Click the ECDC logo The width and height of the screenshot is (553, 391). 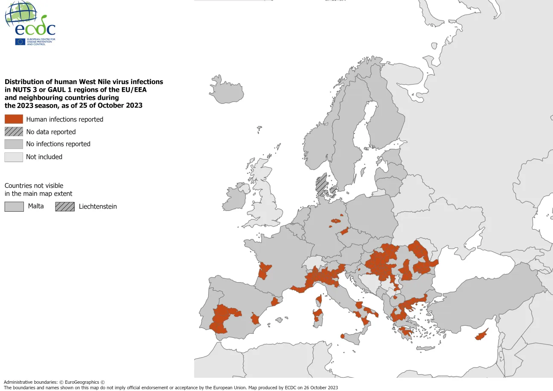(x=30, y=23)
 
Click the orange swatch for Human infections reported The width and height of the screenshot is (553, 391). (x=14, y=119)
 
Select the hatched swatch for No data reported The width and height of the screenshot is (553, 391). (x=14, y=131)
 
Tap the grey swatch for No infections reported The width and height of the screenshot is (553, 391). (x=14, y=144)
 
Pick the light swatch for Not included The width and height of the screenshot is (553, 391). (x=14, y=157)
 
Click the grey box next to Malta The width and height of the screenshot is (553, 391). (x=14, y=207)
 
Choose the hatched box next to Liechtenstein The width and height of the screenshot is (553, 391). (x=64, y=207)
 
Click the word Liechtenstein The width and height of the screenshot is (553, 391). (x=98, y=207)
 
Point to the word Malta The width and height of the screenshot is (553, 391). (x=36, y=206)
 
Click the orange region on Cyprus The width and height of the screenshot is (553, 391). (x=481, y=336)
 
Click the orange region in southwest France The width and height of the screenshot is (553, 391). (x=264, y=271)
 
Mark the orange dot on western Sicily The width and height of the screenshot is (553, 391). (x=343, y=336)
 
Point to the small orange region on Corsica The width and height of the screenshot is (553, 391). (x=318, y=300)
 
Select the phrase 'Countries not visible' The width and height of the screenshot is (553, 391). (x=34, y=186)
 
